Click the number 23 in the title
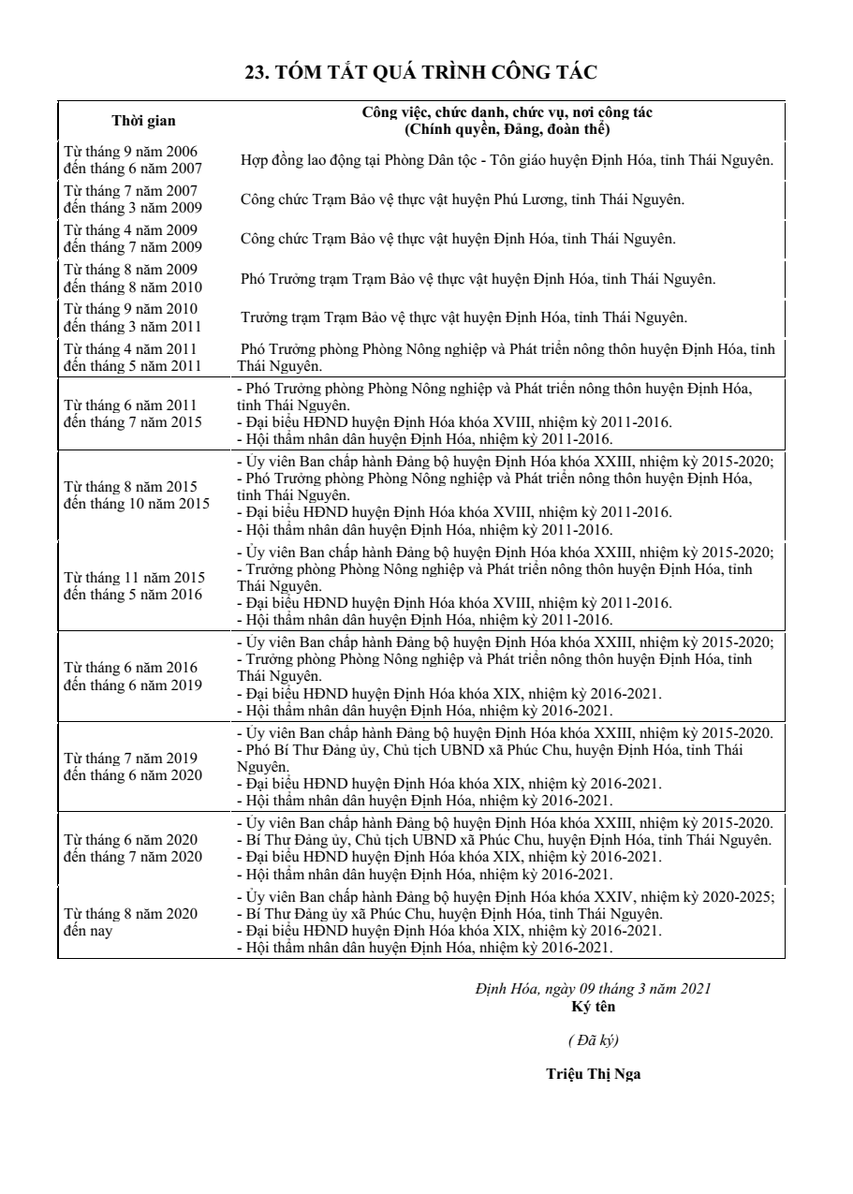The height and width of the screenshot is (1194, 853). coord(255,72)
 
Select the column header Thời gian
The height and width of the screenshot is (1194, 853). coord(143,120)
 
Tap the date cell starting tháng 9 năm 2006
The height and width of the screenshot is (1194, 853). coord(130,158)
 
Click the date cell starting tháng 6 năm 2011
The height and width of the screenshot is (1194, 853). coord(130,413)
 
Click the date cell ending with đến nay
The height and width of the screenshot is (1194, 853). coord(130,922)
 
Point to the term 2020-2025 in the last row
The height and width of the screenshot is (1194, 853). coord(736,896)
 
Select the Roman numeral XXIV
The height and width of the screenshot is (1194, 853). coord(614,896)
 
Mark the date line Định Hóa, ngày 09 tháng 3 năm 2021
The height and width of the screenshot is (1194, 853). coord(593,989)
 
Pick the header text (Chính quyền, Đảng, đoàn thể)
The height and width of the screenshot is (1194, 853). coord(507,128)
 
